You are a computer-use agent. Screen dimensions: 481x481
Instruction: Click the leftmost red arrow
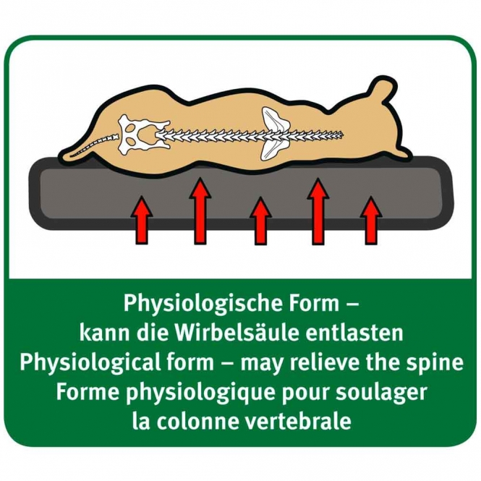(142, 220)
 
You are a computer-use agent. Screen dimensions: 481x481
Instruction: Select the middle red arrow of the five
(260, 221)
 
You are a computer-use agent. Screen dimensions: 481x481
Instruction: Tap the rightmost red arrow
(371, 221)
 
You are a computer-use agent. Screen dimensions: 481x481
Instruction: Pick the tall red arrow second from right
(318, 211)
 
